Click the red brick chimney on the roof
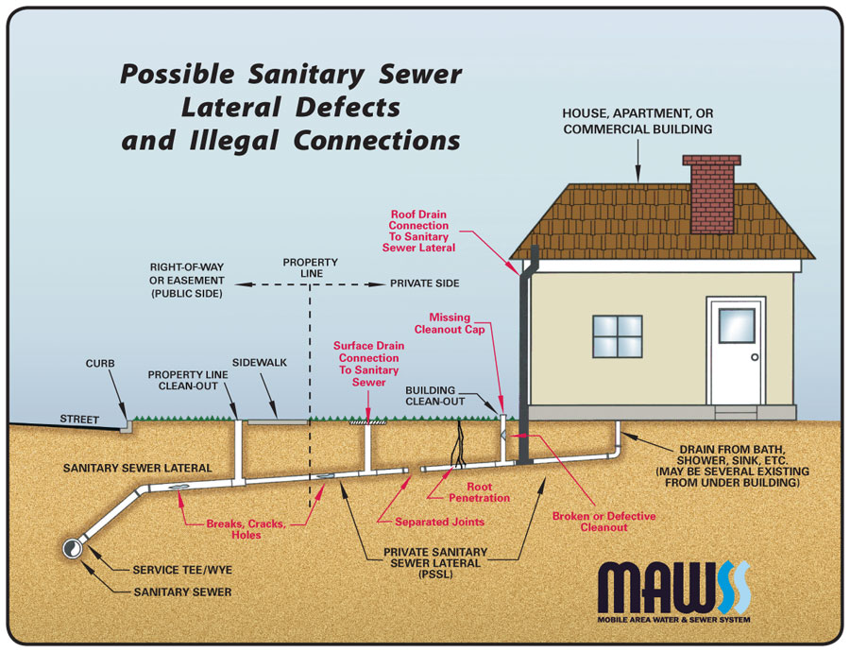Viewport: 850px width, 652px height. pyautogui.click(x=709, y=194)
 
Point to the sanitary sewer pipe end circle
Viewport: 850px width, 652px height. pyautogui.click(x=73, y=549)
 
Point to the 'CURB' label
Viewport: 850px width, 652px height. pyautogui.click(x=100, y=364)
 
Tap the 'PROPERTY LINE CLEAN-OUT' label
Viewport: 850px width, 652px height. pyautogui.click(x=182, y=381)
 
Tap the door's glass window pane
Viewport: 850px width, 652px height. pyautogui.click(x=737, y=325)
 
